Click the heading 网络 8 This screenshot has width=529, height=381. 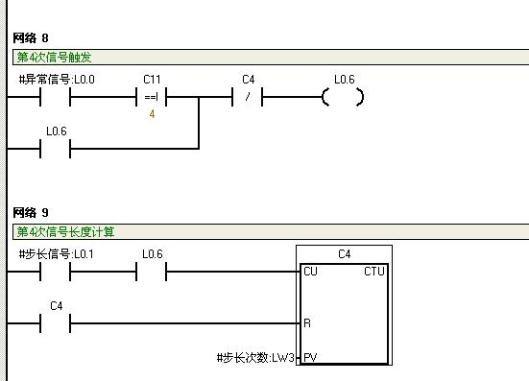point(31,37)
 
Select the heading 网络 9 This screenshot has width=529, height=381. point(31,212)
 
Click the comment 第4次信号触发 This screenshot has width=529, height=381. point(54,58)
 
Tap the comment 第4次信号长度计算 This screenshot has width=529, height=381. point(65,232)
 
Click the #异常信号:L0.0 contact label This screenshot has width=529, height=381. point(57,80)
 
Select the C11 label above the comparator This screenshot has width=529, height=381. point(152,80)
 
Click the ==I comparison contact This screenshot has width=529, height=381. point(152,97)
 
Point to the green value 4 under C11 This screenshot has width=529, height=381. point(152,114)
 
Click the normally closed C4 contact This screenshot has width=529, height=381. point(248,97)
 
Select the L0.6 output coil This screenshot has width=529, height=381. point(344,97)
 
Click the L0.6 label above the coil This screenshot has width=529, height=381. point(344,80)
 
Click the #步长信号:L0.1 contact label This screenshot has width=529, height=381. point(57,254)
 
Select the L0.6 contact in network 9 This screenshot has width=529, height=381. point(152,272)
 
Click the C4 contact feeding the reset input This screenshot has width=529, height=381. point(56,323)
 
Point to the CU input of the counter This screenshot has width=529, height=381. point(310,272)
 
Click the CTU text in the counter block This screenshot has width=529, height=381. point(373,272)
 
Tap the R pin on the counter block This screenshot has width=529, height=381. point(307,323)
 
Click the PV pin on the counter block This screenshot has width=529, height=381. point(309,358)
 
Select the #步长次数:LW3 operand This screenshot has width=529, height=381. point(256,358)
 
